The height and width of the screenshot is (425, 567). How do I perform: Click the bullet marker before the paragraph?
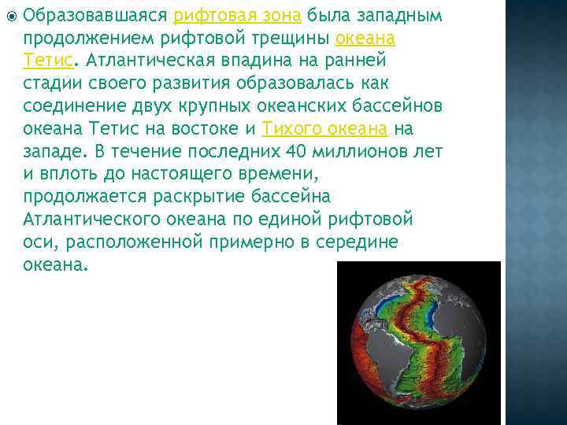pyautogui.click(x=9, y=15)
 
